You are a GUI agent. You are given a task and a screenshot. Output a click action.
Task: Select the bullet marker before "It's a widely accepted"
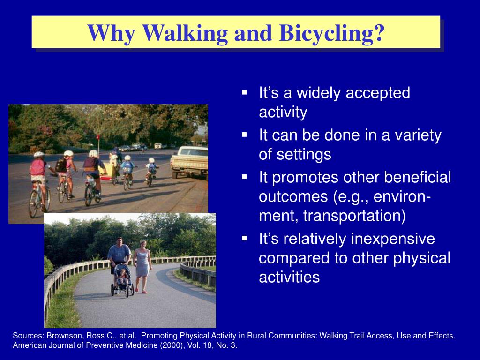coord(244,92)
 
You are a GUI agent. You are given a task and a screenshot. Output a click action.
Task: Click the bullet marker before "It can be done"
coord(244,135)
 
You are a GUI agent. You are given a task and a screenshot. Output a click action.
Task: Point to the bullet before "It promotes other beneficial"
coord(244,177)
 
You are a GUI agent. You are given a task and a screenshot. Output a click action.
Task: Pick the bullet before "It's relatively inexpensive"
coord(244,238)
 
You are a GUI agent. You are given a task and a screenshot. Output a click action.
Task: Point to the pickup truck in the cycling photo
coord(190,162)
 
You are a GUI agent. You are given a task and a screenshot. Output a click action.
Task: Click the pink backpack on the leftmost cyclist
coord(37,168)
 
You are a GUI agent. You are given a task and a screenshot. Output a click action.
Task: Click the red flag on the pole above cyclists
coord(98,137)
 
